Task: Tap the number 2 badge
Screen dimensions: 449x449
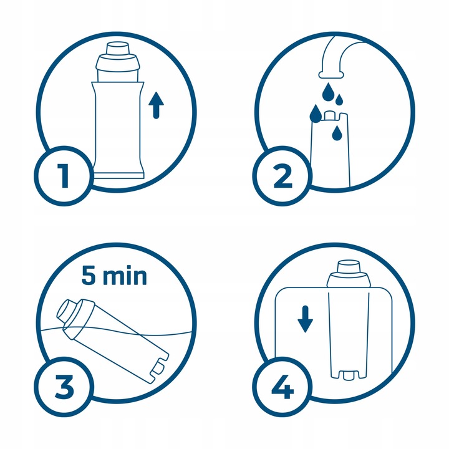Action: click(281, 176)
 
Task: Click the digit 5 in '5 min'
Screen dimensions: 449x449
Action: click(90, 276)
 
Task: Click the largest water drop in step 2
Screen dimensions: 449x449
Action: click(316, 114)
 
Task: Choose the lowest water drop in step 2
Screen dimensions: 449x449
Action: click(337, 133)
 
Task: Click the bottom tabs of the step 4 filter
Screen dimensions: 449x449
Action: click(349, 376)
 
